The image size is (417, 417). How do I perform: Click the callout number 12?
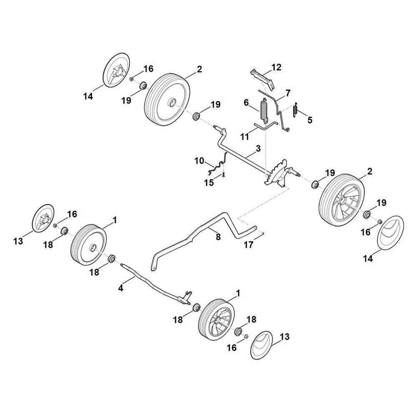pos(276,67)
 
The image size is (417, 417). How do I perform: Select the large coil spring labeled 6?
pos(264,110)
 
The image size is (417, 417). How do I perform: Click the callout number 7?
pos(288,93)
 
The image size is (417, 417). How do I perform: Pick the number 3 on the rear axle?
pos(258,148)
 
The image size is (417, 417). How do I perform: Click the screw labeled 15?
pos(224,174)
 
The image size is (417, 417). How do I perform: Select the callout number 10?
pos(199,161)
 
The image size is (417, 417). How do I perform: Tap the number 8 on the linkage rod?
pos(218,236)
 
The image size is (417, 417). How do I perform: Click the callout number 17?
pos(249,244)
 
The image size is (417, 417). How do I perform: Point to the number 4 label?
pos(121,288)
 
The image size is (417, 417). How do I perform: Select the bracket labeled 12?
pos(262,79)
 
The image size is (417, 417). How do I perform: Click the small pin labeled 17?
pos(263,234)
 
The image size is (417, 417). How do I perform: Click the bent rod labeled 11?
pos(266,126)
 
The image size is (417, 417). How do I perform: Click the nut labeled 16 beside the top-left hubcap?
pos(131,79)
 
